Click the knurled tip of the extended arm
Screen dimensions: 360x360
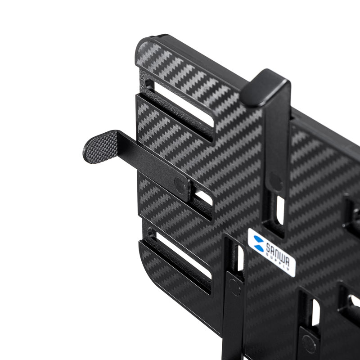point(101,148)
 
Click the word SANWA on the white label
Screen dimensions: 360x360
point(277,255)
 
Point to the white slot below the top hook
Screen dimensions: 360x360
point(280,210)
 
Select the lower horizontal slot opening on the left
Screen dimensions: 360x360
point(183,256)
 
